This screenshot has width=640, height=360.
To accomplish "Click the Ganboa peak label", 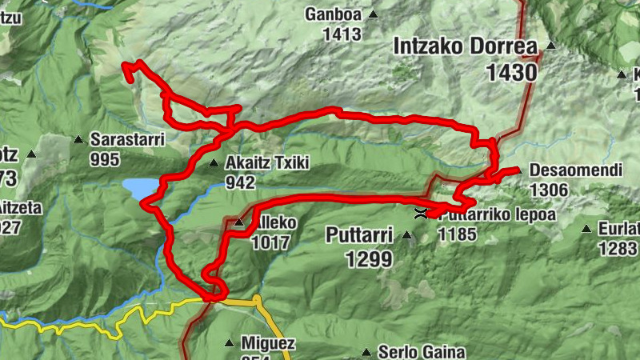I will click(334, 14).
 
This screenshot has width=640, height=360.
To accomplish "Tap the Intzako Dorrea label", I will click(465, 46).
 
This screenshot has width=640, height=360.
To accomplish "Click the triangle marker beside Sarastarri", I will click(78, 140).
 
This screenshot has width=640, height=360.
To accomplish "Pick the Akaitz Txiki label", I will click(267, 163).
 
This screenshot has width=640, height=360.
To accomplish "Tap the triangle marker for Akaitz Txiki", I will click(214, 163).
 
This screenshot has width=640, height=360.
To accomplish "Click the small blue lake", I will click(140, 189).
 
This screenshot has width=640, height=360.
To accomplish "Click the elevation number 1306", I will click(549, 190).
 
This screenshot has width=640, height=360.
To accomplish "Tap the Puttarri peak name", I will click(359, 234).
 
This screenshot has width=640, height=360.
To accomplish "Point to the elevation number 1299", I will click(370, 258).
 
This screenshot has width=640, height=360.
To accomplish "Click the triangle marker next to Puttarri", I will click(407, 235).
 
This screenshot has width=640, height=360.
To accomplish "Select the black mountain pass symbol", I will click(420, 214).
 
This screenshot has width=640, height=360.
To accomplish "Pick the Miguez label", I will click(268, 344).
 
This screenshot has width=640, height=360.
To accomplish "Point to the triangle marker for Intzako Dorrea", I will click(550, 46).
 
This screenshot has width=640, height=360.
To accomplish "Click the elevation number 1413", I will click(342, 34).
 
